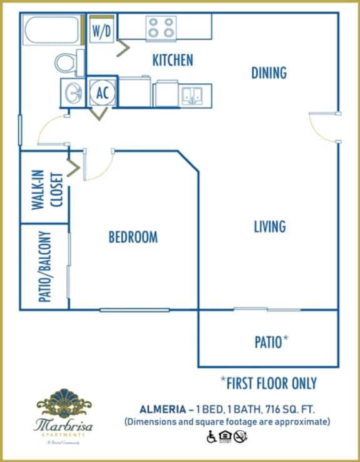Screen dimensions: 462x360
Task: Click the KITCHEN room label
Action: pos(172,60)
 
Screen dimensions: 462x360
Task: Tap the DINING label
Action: pos(269,73)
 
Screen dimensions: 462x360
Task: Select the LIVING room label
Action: pos(269,226)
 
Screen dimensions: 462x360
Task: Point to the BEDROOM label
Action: pos(133,237)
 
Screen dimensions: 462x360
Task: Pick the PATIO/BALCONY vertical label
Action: pos(44,267)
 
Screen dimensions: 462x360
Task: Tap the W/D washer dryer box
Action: pos(102,31)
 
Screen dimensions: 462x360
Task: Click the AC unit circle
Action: pos(102,93)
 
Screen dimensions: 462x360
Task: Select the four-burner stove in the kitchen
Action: pos(161,28)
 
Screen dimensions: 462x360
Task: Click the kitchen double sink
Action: pos(192,95)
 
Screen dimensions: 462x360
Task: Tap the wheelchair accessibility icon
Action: pos(211,436)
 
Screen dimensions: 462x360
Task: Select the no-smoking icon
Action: pos(241,436)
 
